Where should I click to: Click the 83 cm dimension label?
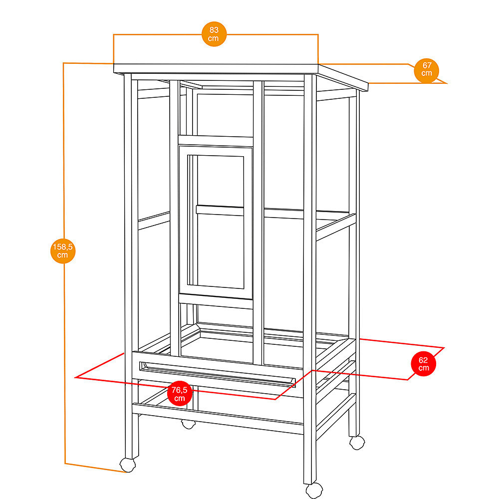[214, 34]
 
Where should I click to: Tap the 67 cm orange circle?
[427, 71]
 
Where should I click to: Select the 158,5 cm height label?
[63, 251]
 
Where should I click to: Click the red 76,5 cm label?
[180, 393]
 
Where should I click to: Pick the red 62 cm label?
[423, 364]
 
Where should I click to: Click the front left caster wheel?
[128, 465]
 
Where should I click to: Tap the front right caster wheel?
[314, 491]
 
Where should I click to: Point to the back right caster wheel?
[357, 442]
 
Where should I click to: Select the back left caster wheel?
[189, 424]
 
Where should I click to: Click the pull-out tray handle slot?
[218, 373]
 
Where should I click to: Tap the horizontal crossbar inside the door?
[220, 211]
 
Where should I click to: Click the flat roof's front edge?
[216, 68]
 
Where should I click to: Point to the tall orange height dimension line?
[64, 263]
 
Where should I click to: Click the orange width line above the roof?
[216, 34]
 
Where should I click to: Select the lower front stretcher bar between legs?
[218, 419]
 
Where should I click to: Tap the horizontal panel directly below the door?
[216, 301]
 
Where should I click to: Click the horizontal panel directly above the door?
[216, 141]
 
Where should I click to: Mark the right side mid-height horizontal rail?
[336, 227]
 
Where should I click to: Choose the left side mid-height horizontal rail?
[154, 221]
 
